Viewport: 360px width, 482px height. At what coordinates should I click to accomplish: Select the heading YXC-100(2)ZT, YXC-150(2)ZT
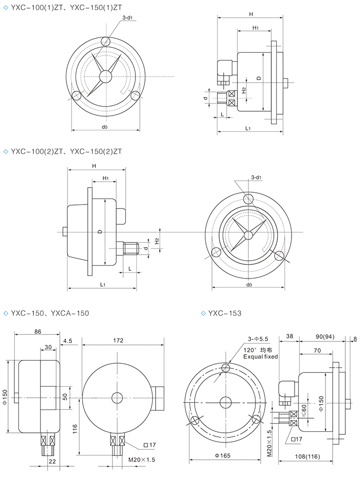point(66,151)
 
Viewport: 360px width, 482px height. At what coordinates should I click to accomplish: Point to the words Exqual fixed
point(261,357)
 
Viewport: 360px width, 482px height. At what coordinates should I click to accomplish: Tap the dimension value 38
point(290,336)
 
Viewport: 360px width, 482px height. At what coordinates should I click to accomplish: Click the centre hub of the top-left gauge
point(105,76)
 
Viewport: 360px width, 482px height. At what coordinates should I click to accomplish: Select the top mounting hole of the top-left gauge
point(105,41)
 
